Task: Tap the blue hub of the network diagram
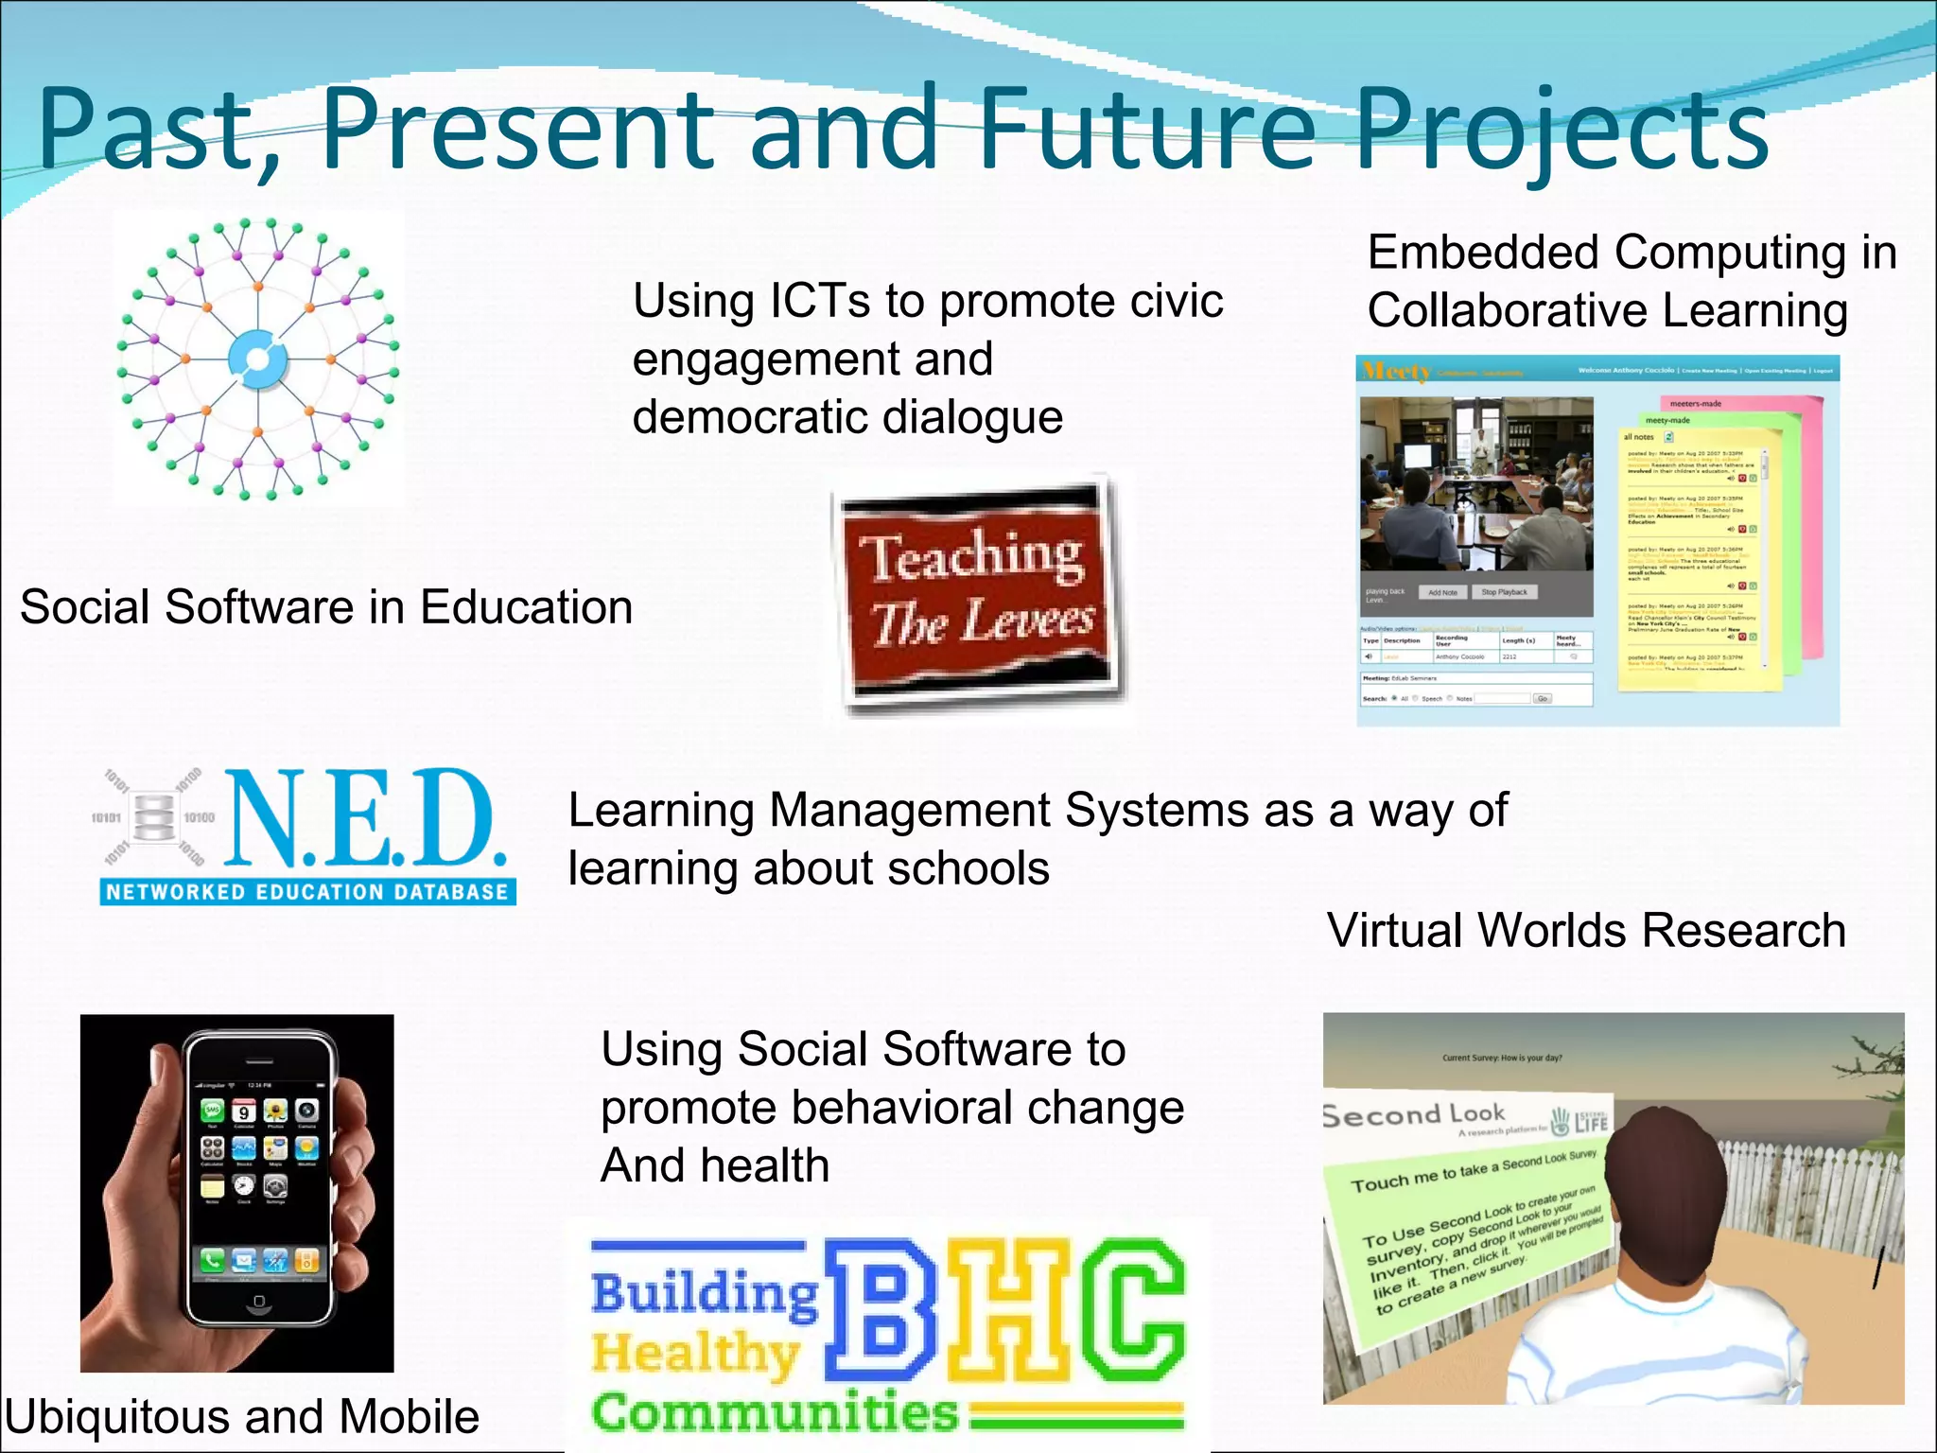coord(257,359)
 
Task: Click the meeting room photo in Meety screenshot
coord(1475,482)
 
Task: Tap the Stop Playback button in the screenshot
coord(1504,592)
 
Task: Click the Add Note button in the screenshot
coord(1442,592)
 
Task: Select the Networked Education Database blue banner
coord(307,892)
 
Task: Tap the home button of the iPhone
coord(259,1303)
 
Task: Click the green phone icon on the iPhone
coord(212,1259)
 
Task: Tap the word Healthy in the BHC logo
coord(695,1355)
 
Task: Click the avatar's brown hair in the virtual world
coord(1665,1182)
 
